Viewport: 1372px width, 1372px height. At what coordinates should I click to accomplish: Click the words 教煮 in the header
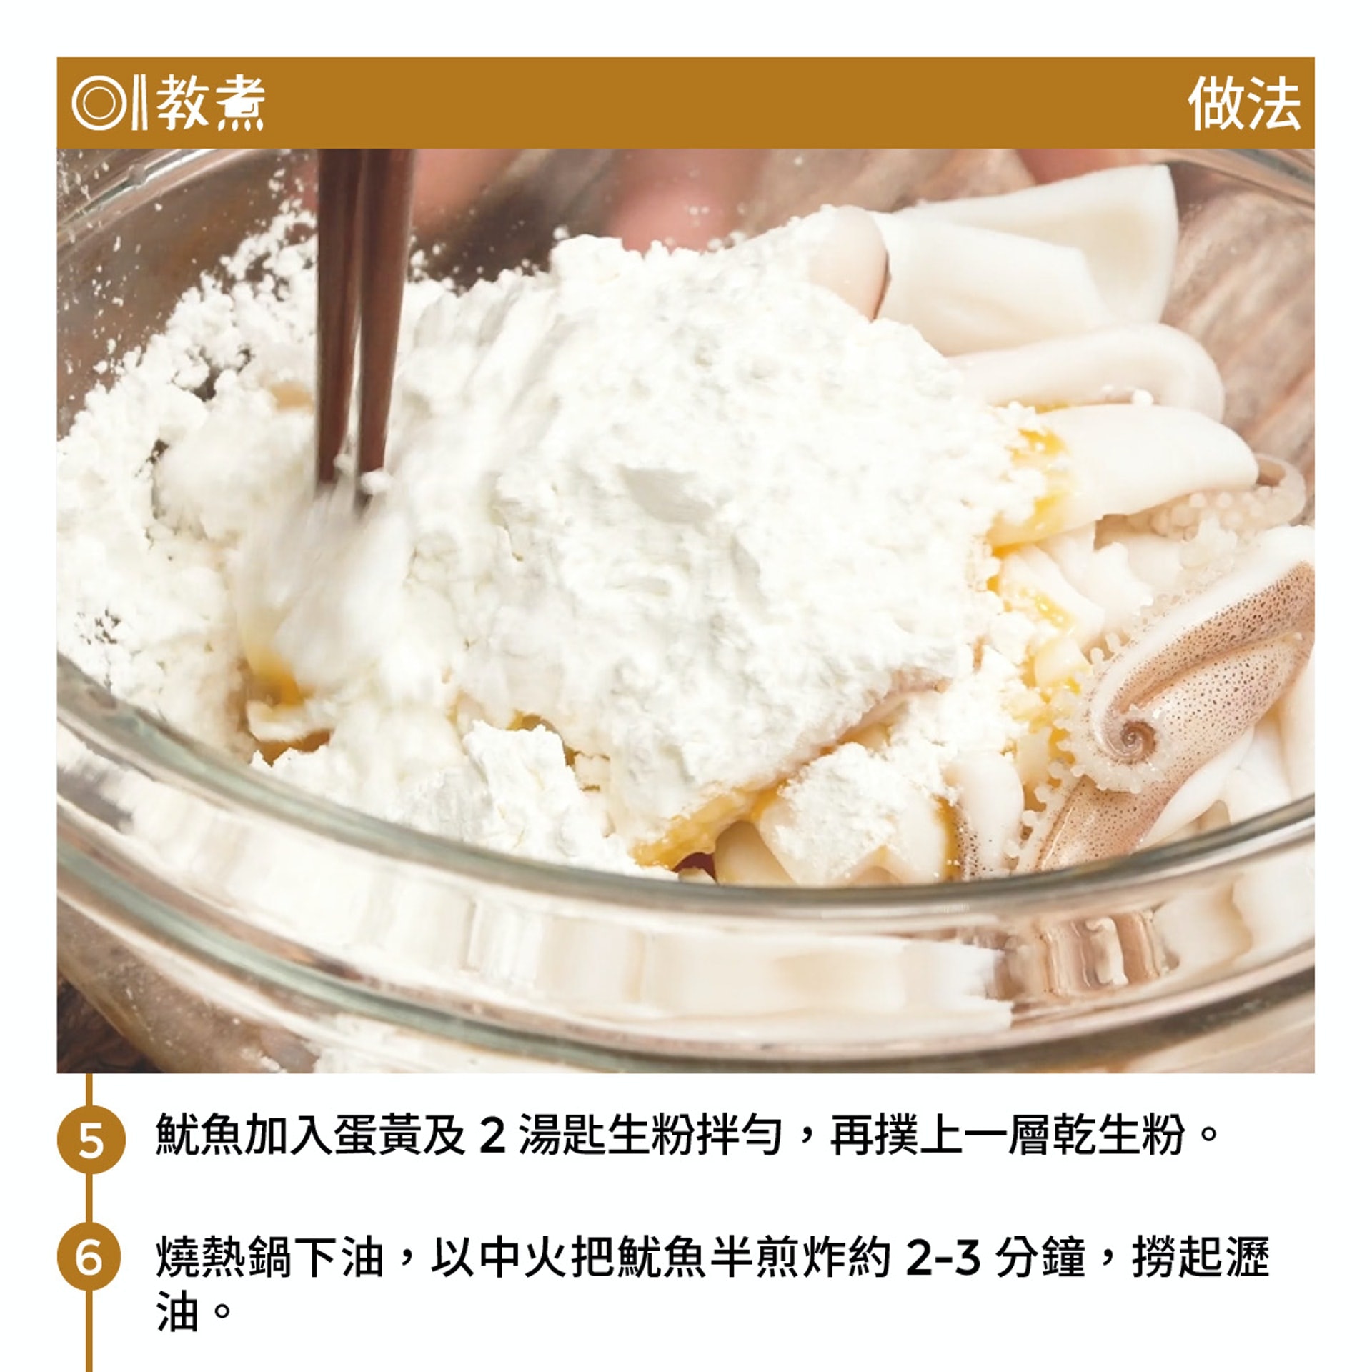pos(211,104)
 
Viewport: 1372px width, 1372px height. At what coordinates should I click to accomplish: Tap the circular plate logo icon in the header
pos(98,104)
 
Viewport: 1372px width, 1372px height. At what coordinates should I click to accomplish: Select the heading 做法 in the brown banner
pos(1243,104)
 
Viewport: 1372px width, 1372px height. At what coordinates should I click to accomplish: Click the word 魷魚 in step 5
pos(199,1134)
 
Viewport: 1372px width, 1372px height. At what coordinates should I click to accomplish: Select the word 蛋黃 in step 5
pos(376,1134)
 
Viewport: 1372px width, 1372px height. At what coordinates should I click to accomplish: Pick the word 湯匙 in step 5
pos(562,1134)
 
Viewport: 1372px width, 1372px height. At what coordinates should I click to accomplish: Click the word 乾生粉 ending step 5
pos(1115,1134)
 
